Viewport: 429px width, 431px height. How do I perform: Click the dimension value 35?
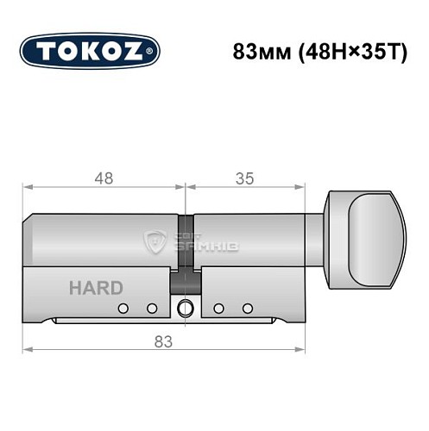pos(244,178)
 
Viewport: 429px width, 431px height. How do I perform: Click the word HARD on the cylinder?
pos(95,288)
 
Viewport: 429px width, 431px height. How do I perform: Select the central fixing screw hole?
pos(184,309)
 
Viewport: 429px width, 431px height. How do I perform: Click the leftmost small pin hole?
pos(123,309)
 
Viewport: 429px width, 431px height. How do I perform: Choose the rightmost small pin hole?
pos(248,309)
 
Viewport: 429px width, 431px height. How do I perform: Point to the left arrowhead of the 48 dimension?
pos(28,187)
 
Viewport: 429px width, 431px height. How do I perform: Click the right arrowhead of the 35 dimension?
pos(301,187)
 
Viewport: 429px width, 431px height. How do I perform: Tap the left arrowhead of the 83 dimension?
pos(28,349)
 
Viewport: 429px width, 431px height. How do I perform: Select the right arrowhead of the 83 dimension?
pos(301,349)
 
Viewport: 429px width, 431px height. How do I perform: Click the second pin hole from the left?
pos(152,309)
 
